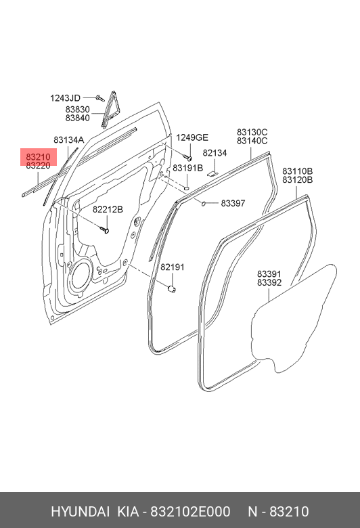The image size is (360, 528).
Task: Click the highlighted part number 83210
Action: (38, 157)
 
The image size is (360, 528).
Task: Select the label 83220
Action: (38, 166)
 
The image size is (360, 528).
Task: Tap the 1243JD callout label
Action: (66, 98)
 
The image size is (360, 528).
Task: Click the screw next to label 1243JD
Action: (99, 98)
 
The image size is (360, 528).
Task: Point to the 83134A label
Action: (69, 140)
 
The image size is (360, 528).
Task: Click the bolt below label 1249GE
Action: (188, 157)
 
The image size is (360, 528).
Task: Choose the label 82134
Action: (215, 153)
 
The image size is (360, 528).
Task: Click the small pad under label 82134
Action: (212, 174)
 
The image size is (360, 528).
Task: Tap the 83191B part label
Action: (188, 168)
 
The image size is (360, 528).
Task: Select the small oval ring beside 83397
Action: (204, 203)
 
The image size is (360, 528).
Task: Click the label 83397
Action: (233, 203)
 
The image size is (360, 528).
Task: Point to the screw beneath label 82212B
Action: (104, 229)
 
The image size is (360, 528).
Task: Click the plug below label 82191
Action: (172, 288)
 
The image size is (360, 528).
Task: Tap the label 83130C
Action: (252, 132)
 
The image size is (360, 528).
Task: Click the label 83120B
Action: (297, 180)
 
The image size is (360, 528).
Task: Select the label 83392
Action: (269, 282)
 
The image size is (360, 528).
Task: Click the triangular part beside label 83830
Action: (109, 110)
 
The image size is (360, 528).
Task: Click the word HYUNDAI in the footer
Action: (80, 512)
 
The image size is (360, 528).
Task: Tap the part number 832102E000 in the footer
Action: (190, 512)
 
